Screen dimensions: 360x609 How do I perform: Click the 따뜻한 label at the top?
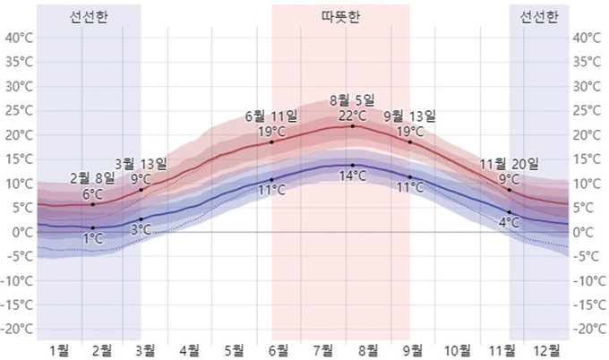pos(340,17)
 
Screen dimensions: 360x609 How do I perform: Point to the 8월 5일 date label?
pos(353,99)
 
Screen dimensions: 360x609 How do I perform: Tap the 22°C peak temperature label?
pos(353,116)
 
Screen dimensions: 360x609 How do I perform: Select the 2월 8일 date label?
pos(92,177)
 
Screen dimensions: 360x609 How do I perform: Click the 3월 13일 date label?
pos(141,163)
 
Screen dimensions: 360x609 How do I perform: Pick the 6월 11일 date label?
pos(271,116)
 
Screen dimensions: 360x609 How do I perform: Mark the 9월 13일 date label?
pos(409,116)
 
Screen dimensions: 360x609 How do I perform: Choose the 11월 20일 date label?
pos(510,164)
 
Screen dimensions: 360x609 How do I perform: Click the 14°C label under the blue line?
pos(353,176)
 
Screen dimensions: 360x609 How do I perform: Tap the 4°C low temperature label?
pos(510,222)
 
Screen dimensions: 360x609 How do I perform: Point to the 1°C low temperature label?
pos(92,238)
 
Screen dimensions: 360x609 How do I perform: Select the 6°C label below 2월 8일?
pos(92,193)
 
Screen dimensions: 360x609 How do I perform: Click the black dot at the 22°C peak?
pos(353,126)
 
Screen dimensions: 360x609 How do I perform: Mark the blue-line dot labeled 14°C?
pos(353,165)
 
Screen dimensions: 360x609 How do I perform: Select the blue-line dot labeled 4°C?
pos(510,212)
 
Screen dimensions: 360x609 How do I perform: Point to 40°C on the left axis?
pos(19,38)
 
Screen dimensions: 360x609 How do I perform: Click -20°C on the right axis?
pos(588,329)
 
